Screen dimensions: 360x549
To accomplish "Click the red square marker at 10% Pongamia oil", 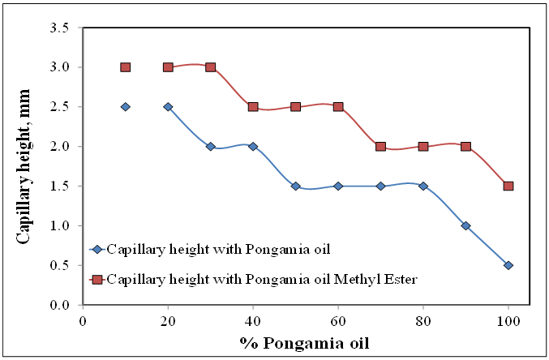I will tap(126, 67).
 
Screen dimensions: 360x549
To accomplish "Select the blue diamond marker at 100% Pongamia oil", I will tap(508, 265).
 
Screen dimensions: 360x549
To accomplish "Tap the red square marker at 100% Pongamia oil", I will tap(508, 186).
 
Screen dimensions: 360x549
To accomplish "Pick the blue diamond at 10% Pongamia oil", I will tap(126, 106).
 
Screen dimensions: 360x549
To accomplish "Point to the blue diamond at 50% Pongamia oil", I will tap(296, 186).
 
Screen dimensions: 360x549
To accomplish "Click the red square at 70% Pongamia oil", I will tap(381, 146).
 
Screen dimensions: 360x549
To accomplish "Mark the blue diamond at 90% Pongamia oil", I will tap(465, 225).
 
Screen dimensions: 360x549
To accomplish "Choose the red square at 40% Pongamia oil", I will tap(253, 106).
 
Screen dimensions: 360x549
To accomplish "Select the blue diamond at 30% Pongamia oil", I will tap(211, 146).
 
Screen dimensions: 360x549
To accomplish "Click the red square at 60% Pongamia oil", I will tap(338, 106).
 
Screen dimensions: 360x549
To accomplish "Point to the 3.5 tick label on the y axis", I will tap(60, 28).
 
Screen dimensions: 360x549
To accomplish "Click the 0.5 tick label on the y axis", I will tap(60, 265).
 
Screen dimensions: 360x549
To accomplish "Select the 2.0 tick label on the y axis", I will tap(60, 146).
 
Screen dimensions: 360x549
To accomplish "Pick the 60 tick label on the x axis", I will tap(338, 321).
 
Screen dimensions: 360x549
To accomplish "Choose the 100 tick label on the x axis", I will tap(508, 321).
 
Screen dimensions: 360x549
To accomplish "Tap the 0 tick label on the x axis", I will tap(84, 321).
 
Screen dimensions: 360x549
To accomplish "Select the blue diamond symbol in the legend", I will tap(97, 249).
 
